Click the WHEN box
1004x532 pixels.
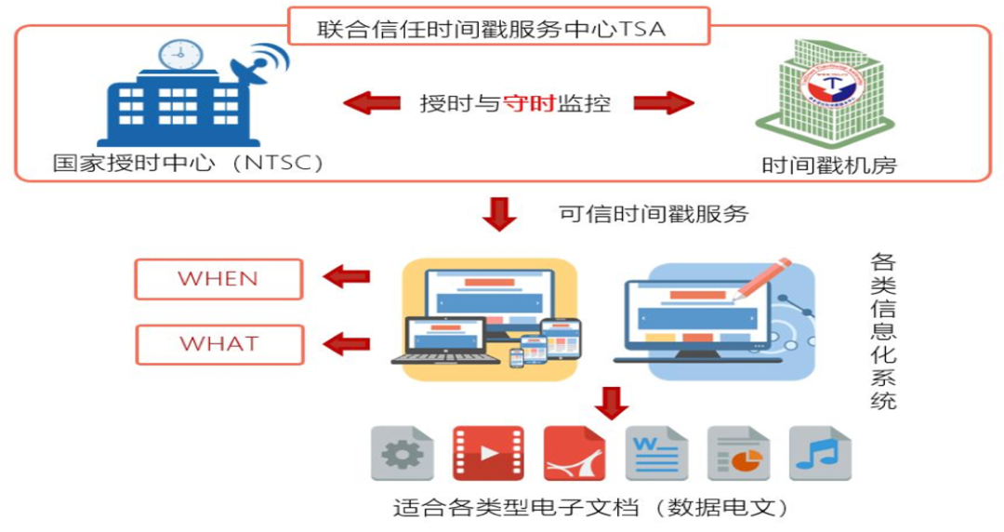218,279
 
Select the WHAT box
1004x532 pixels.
219,344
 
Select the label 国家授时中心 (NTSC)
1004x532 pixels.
189,164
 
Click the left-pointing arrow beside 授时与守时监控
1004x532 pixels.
371,102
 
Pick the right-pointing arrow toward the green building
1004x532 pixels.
664,102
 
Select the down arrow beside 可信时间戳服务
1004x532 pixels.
501,214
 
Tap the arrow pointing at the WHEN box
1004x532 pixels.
346,276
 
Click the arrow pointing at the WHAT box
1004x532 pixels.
346,343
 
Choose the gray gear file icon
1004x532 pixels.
402,453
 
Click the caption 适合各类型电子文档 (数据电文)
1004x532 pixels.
591,508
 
